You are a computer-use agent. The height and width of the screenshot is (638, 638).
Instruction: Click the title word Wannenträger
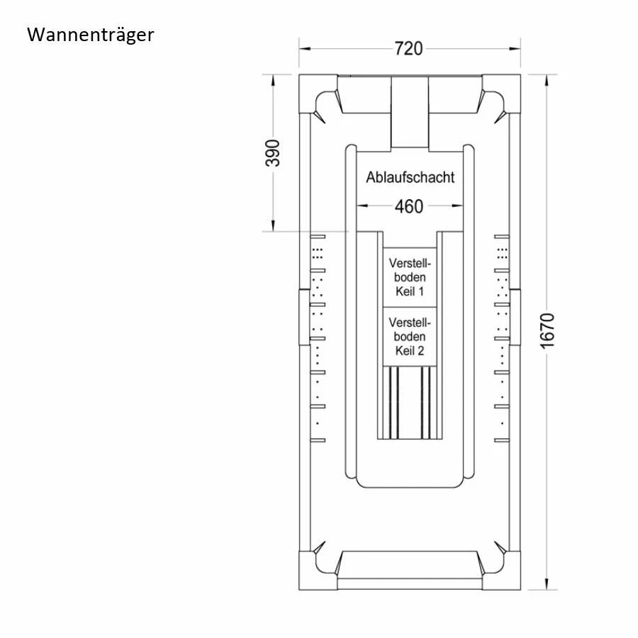(90, 35)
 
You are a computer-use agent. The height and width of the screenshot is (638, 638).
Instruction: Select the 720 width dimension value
(408, 48)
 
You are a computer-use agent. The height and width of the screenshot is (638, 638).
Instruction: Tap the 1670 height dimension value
(547, 330)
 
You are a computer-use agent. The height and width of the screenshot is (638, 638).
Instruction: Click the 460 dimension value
(408, 206)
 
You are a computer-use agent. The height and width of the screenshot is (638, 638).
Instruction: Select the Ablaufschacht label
(410, 177)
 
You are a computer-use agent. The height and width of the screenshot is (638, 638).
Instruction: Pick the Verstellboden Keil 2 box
(410, 336)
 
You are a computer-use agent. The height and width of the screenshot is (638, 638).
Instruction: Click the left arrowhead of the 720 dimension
(304, 48)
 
